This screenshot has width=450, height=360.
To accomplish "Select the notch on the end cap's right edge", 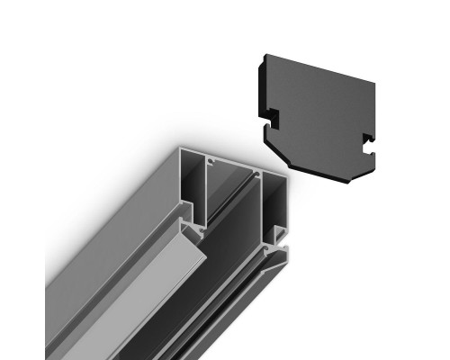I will (x=367, y=139).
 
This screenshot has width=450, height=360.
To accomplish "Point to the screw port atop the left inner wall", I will (x=210, y=162).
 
